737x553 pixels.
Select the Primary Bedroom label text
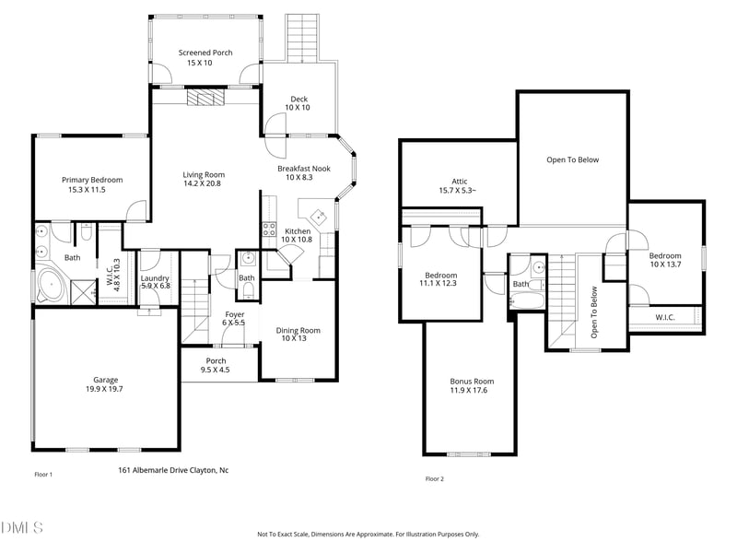(92, 184)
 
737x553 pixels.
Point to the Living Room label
(203, 179)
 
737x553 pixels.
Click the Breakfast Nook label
(304, 173)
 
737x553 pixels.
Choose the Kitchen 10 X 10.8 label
(298, 235)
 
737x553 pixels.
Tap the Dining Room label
(298, 335)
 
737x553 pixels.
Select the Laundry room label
(154, 282)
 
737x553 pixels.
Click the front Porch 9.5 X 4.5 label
(216, 365)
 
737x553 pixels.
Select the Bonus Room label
(472, 386)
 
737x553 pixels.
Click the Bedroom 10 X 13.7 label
(664, 261)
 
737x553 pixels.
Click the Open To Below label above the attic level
(572, 159)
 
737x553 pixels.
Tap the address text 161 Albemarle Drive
(173, 470)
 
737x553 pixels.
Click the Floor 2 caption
(434, 478)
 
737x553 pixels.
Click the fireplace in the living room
(205, 98)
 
